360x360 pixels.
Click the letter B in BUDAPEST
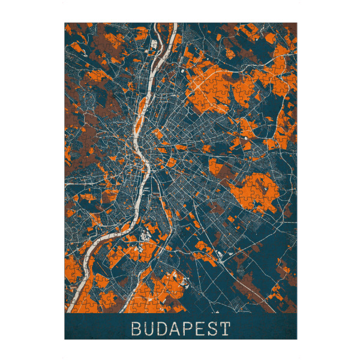point(134,329)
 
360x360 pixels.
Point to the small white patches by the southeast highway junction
point(223,254)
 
